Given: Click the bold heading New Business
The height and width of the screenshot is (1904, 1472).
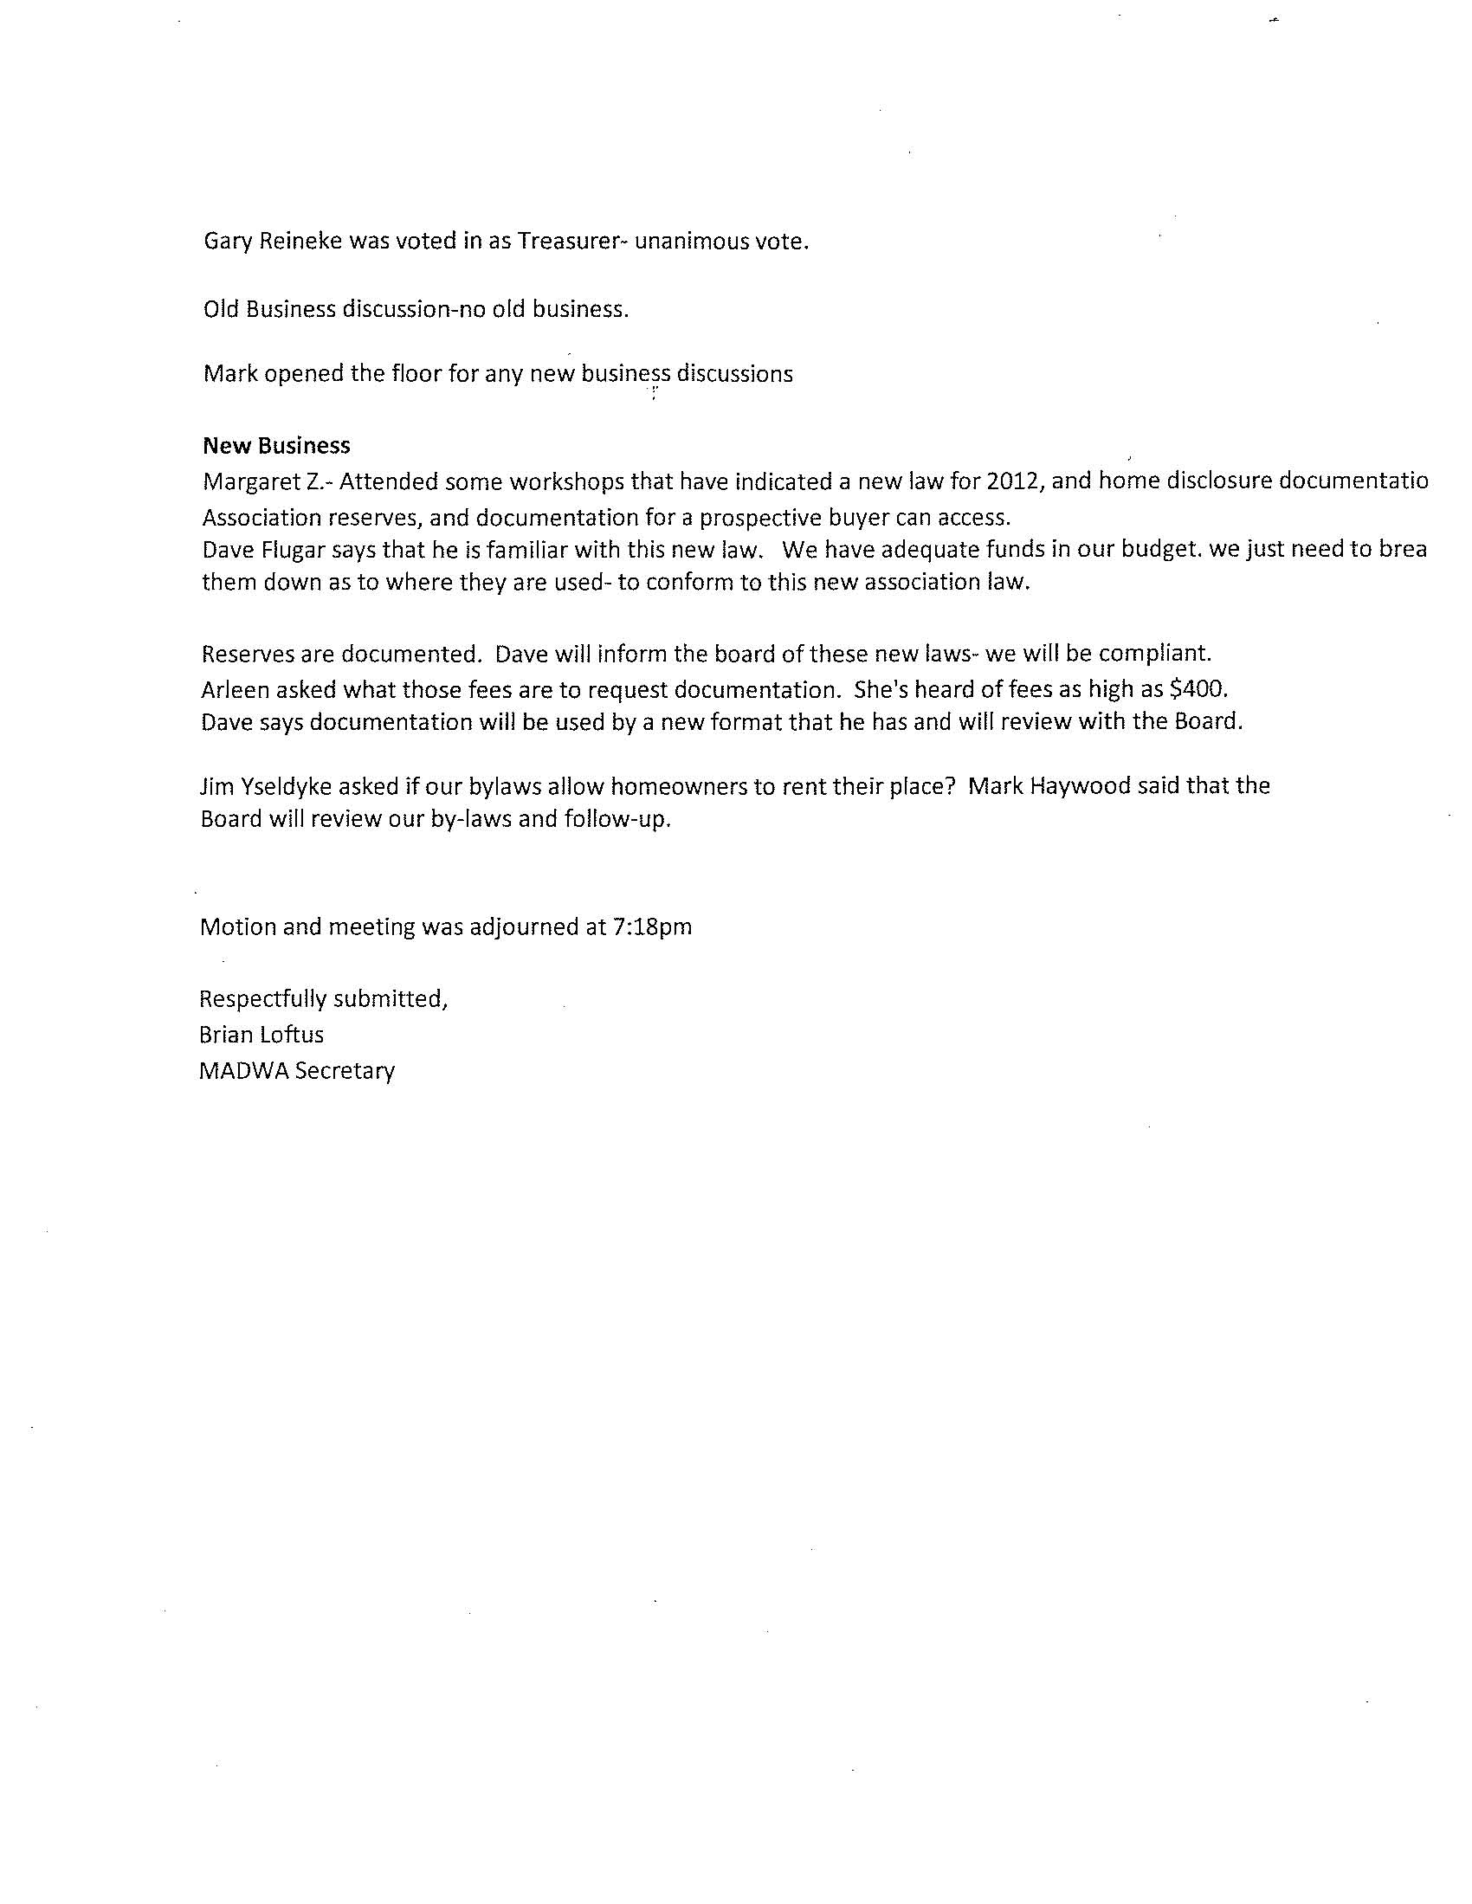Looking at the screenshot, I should coord(276,446).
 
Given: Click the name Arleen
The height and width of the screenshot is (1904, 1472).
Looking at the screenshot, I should coord(235,689).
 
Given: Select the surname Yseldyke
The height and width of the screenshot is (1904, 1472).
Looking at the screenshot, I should coord(277,786).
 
